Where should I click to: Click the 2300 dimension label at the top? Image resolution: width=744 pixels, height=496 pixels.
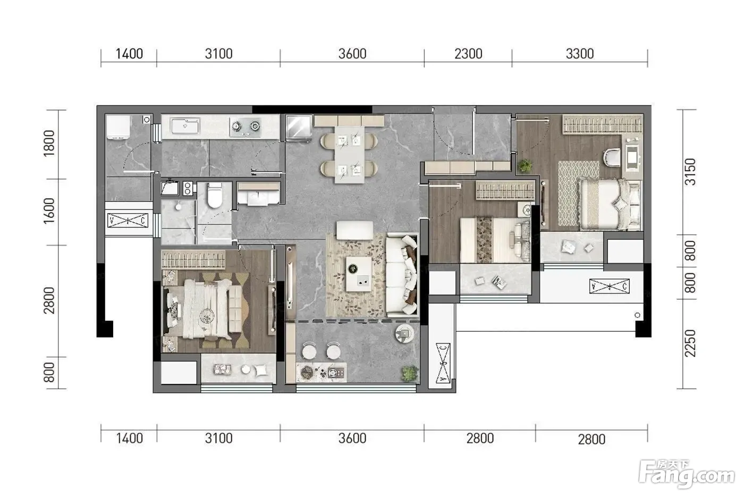(x=468, y=54)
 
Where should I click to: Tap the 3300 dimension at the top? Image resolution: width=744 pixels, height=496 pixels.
(x=580, y=54)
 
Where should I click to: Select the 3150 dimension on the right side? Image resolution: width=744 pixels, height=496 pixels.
(x=690, y=172)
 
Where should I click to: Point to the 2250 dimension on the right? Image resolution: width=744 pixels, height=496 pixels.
(x=690, y=343)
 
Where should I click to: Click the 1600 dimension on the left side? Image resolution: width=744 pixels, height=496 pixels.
(x=49, y=211)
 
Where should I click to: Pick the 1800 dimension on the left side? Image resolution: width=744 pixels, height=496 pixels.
(x=49, y=143)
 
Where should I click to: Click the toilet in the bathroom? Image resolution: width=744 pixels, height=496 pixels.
(x=215, y=195)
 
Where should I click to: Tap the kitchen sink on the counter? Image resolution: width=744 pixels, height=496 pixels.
(x=185, y=126)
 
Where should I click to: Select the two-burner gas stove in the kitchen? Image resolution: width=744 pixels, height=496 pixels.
(x=246, y=127)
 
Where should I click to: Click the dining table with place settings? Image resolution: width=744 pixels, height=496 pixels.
(x=349, y=155)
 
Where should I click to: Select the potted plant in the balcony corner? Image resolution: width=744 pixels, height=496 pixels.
(x=409, y=373)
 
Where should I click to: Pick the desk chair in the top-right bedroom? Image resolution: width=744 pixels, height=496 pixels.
(x=612, y=157)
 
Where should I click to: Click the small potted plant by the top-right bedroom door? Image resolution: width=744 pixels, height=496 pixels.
(x=525, y=165)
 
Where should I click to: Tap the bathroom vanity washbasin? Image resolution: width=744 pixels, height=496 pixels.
(x=258, y=195)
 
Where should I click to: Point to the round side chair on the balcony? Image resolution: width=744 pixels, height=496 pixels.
(x=404, y=333)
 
